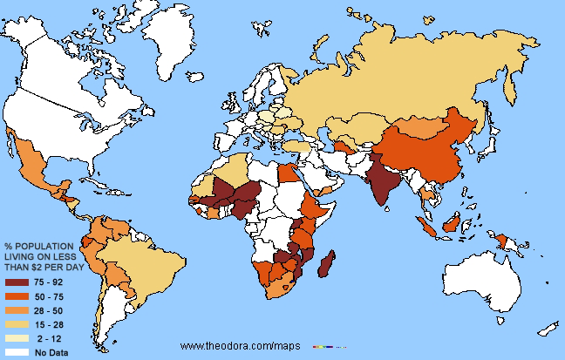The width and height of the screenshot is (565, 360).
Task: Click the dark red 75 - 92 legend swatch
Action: point(17,283)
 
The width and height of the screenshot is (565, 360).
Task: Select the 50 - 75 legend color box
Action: point(17,297)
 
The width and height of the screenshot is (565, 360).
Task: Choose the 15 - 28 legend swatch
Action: point(17,325)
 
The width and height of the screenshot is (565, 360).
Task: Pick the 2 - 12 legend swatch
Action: point(17,339)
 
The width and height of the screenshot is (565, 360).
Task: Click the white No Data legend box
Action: point(17,352)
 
